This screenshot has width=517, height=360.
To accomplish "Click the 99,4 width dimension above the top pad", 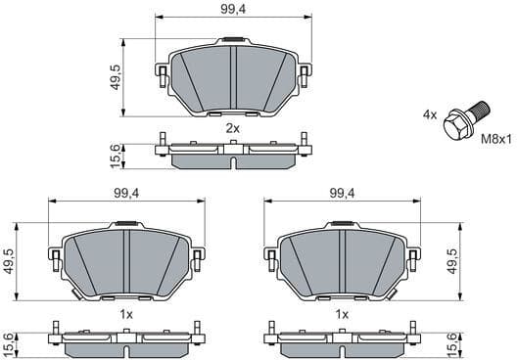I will tap(233, 10).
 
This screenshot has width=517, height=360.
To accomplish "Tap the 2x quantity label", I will tap(232, 128).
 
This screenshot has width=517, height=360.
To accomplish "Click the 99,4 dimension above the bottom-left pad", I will tap(126, 193).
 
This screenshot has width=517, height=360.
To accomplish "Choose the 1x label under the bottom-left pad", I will tap(125, 315).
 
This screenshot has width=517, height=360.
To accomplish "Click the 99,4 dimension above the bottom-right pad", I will tap(342, 193).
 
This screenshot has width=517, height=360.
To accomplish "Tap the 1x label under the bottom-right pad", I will tap(342, 315).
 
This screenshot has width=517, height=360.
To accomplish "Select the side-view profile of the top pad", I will tap(233, 151).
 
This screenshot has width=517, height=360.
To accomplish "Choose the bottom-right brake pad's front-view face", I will tap(342, 262).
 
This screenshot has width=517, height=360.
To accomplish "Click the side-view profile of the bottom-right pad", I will tap(342, 338).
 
